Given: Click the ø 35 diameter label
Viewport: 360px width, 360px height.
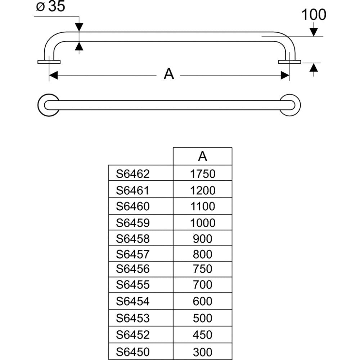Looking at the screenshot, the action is pyautogui.click(x=50, y=6).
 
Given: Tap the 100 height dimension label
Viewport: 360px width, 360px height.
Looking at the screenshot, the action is pyautogui.click(x=314, y=15).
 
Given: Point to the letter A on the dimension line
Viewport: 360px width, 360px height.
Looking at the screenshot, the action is pyautogui.click(x=169, y=74).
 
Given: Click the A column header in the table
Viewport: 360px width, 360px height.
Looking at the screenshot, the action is pyautogui.click(x=202, y=156).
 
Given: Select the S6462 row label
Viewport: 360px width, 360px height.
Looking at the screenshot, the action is pyautogui.click(x=133, y=174).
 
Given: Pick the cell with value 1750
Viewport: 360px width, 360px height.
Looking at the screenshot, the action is pyautogui.click(x=203, y=174).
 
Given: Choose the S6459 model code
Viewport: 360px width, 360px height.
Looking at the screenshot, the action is pyautogui.click(x=133, y=223).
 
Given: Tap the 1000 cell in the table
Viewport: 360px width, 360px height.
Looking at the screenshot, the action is pyautogui.click(x=203, y=223).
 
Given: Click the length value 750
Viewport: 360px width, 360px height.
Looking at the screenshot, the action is pyautogui.click(x=202, y=269).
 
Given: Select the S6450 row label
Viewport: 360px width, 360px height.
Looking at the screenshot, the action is pyautogui.click(x=133, y=352).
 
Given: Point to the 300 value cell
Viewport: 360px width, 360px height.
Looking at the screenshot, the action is pyautogui.click(x=202, y=352).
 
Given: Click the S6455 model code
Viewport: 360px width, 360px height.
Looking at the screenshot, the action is pyautogui.click(x=133, y=285).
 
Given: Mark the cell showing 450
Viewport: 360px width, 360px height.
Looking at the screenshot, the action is pyautogui.click(x=202, y=335).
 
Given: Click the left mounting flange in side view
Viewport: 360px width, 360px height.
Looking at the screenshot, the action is pyautogui.click(x=49, y=62).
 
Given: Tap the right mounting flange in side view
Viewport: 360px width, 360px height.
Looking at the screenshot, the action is pyautogui.click(x=289, y=62).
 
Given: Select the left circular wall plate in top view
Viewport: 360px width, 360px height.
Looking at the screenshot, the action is pyautogui.click(x=41, y=105).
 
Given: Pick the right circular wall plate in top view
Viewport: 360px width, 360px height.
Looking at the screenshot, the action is pyautogui.click(x=297, y=105).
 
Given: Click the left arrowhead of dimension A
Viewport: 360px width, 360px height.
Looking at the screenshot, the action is pyautogui.click(x=53, y=75).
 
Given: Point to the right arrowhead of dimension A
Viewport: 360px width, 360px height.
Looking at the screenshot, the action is pyautogui.click(x=285, y=75).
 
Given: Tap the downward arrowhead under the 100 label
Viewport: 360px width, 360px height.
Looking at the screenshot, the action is pyautogui.click(x=314, y=32).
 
